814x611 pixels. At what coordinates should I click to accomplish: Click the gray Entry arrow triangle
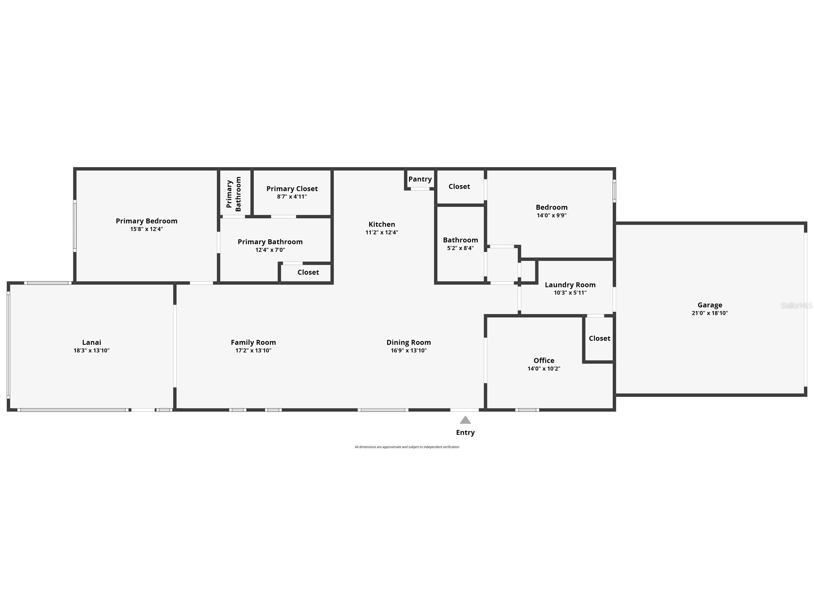coord(465,420)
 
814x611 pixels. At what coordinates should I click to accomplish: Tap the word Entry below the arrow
coord(465,432)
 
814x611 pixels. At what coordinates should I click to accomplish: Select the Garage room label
coord(710,305)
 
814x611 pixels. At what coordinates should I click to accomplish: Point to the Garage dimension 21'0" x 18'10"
coord(710,313)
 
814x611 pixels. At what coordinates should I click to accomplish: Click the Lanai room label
coord(91,342)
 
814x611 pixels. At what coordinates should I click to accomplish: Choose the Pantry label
coord(420,179)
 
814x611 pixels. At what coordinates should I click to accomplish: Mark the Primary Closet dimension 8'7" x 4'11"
coord(292,197)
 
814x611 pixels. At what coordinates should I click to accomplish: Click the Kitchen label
coord(382,224)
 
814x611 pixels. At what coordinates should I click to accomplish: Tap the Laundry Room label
coord(570,285)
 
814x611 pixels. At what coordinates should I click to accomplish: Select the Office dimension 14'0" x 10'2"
coord(543,368)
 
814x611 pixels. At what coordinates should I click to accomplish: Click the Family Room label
coord(253,342)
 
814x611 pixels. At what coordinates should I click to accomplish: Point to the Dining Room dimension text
coord(408,350)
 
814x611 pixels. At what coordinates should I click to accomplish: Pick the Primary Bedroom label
coord(147,221)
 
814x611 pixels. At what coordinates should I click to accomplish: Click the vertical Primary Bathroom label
coord(234,194)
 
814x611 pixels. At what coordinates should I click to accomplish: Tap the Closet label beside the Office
coord(599,338)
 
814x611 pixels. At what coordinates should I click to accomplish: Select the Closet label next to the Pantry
coord(459,186)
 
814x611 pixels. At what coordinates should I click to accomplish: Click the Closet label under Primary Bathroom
coord(308,272)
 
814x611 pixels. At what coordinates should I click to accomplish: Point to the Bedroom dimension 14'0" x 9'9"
coord(551,215)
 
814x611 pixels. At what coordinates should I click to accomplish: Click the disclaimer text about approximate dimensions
coord(407,447)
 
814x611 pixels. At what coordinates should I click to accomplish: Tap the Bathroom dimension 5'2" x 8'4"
coord(460,248)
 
